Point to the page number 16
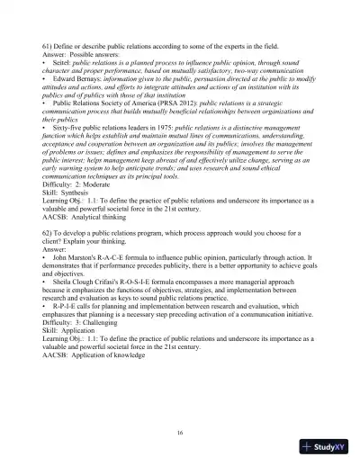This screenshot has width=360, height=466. [180, 434]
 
